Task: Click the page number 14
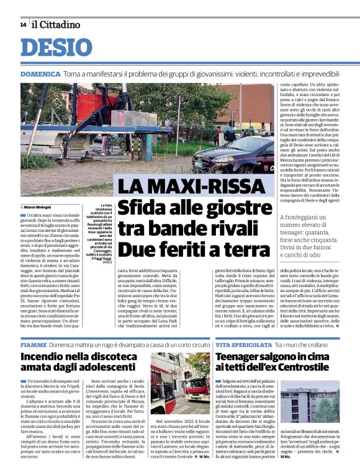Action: (x=23, y=25)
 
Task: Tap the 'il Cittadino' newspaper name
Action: (x=56, y=25)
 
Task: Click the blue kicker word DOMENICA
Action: (x=40, y=74)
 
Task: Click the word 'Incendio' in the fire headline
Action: (x=48, y=357)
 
